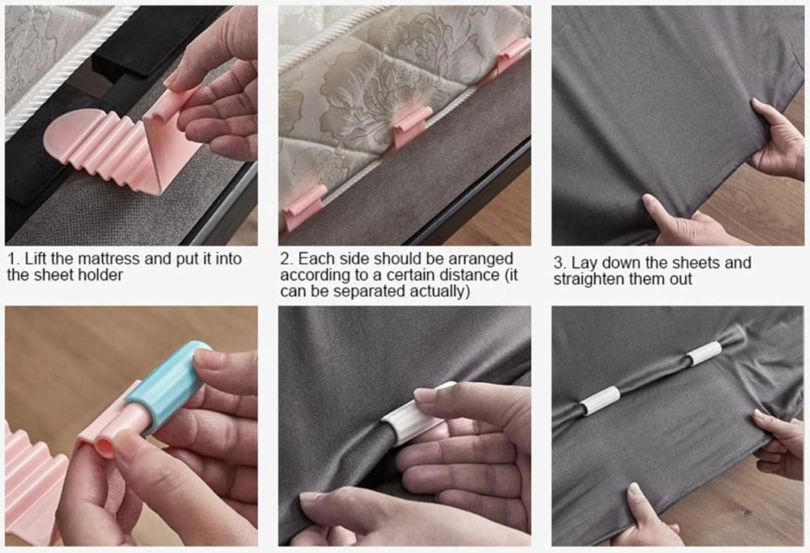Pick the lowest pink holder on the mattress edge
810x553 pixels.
pyautogui.click(x=304, y=207)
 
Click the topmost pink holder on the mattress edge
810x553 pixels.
pyautogui.click(x=513, y=54)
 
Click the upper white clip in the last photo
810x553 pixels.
pyautogui.click(x=704, y=353)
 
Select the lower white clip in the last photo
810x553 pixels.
pyautogui.click(x=600, y=401)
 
